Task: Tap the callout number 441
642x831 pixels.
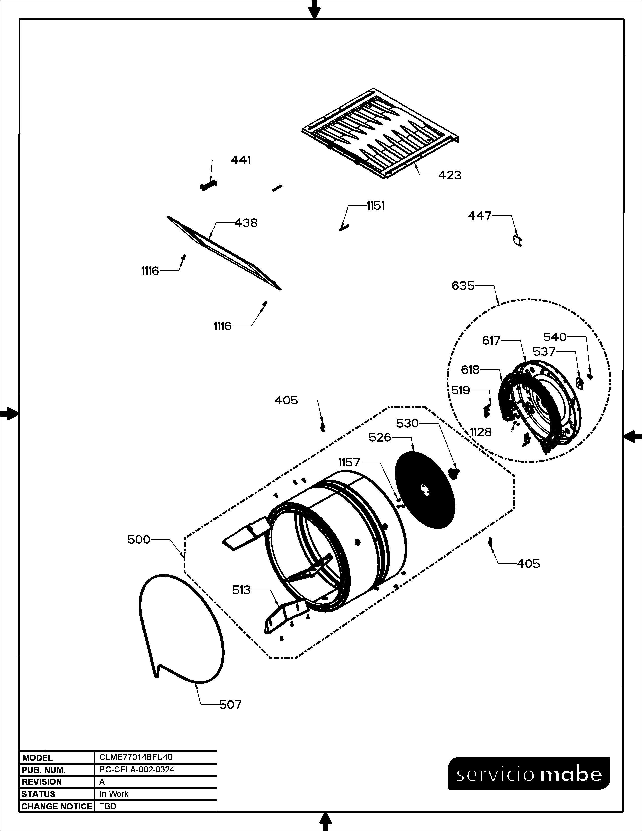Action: [x=241, y=160]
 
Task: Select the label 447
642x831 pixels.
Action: [x=480, y=216]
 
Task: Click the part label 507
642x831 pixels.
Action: [x=230, y=705]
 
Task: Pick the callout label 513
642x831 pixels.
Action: [x=241, y=590]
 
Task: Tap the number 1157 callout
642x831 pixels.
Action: [x=349, y=462]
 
